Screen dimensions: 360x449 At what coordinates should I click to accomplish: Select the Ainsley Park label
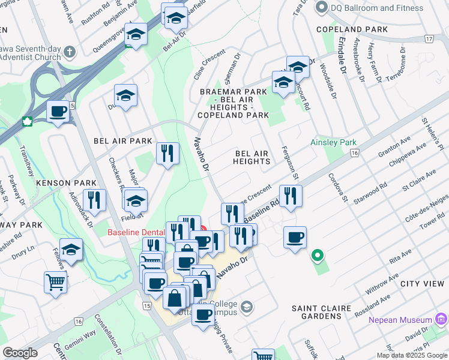click(x=333, y=143)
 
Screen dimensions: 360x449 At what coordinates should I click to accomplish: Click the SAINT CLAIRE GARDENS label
click(x=321, y=312)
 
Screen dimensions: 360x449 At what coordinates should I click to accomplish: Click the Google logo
click(x=20, y=353)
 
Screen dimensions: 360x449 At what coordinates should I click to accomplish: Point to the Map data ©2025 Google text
click(x=411, y=355)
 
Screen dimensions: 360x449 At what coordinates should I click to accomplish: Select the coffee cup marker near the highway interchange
click(x=58, y=111)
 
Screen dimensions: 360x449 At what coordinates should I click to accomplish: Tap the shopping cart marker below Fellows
click(x=55, y=281)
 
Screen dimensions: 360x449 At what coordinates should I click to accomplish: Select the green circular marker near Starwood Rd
click(x=316, y=256)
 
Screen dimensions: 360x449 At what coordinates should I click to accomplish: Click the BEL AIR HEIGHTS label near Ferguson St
click(x=251, y=158)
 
